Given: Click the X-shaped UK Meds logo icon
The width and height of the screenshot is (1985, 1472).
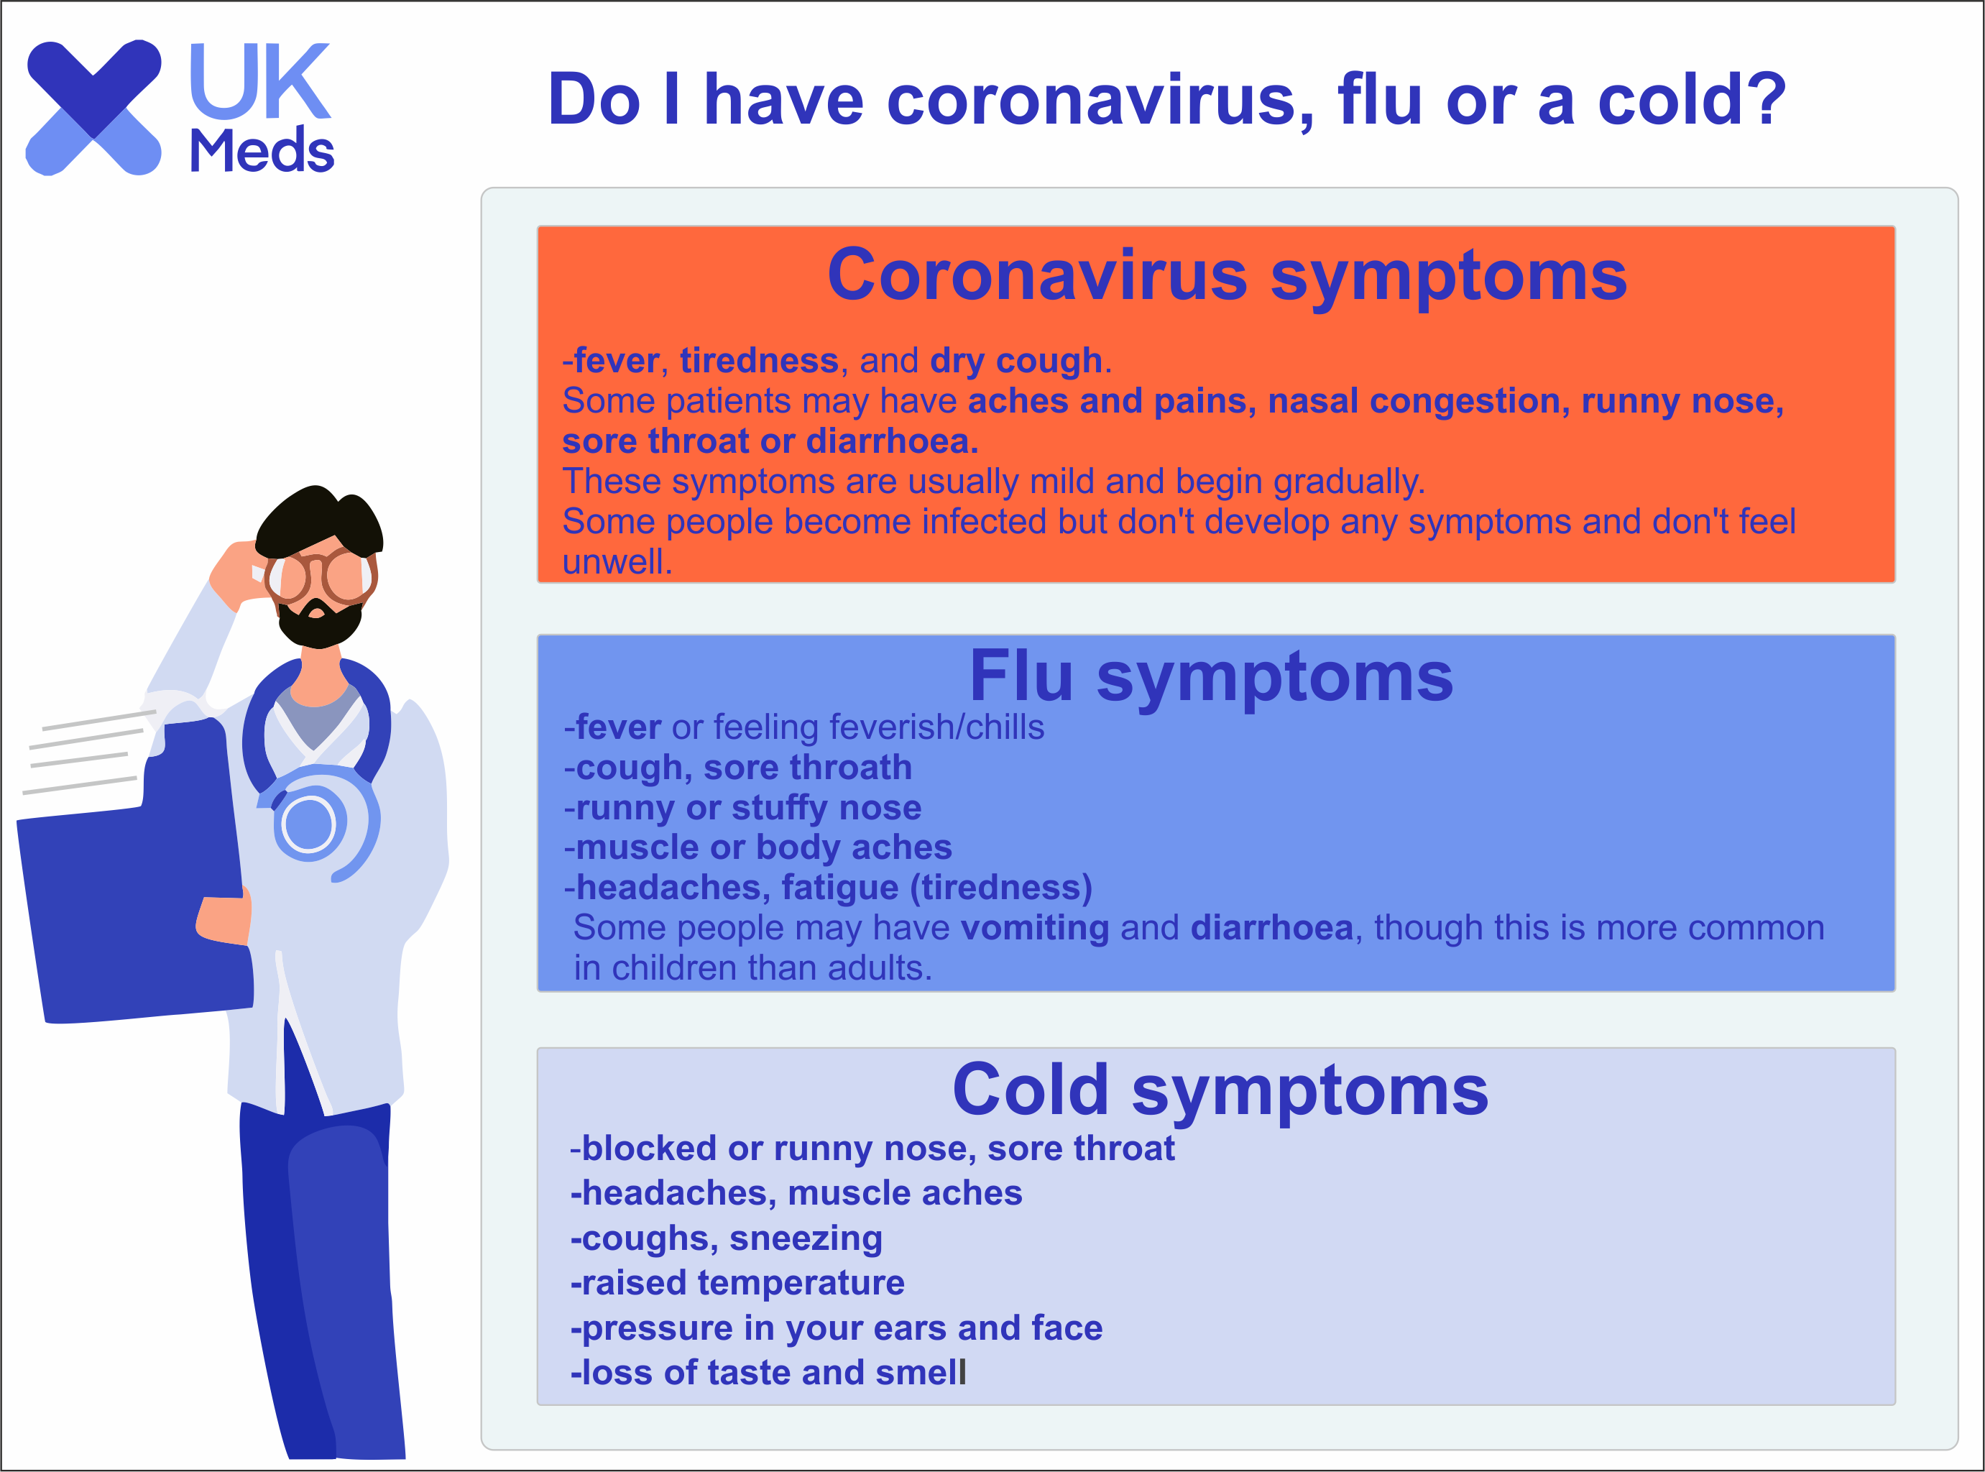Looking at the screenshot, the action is click(93, 108).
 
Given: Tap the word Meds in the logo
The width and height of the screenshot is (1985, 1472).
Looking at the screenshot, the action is click(262, 149).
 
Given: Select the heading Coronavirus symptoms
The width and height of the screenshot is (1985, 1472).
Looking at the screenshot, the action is click(1227, 275).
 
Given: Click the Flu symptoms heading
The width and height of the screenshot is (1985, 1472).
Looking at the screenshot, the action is click(1211, 676).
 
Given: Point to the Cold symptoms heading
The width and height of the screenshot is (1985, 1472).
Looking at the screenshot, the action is click(1220, 1090).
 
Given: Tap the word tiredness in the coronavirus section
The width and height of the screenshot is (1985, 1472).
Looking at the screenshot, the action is click(759, 360).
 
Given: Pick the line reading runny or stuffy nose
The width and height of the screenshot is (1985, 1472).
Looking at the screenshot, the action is click(743, 808).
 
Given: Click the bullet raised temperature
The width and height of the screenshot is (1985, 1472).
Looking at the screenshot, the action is click(737, 1283).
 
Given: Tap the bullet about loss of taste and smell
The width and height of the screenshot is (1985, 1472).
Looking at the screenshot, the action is click(768, 1372).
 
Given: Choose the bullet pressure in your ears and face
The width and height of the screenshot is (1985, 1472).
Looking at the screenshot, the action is click(837, 1328).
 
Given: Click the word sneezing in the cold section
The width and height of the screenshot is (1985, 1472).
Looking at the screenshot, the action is click(806, 1238).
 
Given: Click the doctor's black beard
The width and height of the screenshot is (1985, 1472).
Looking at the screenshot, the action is click(319, 624).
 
